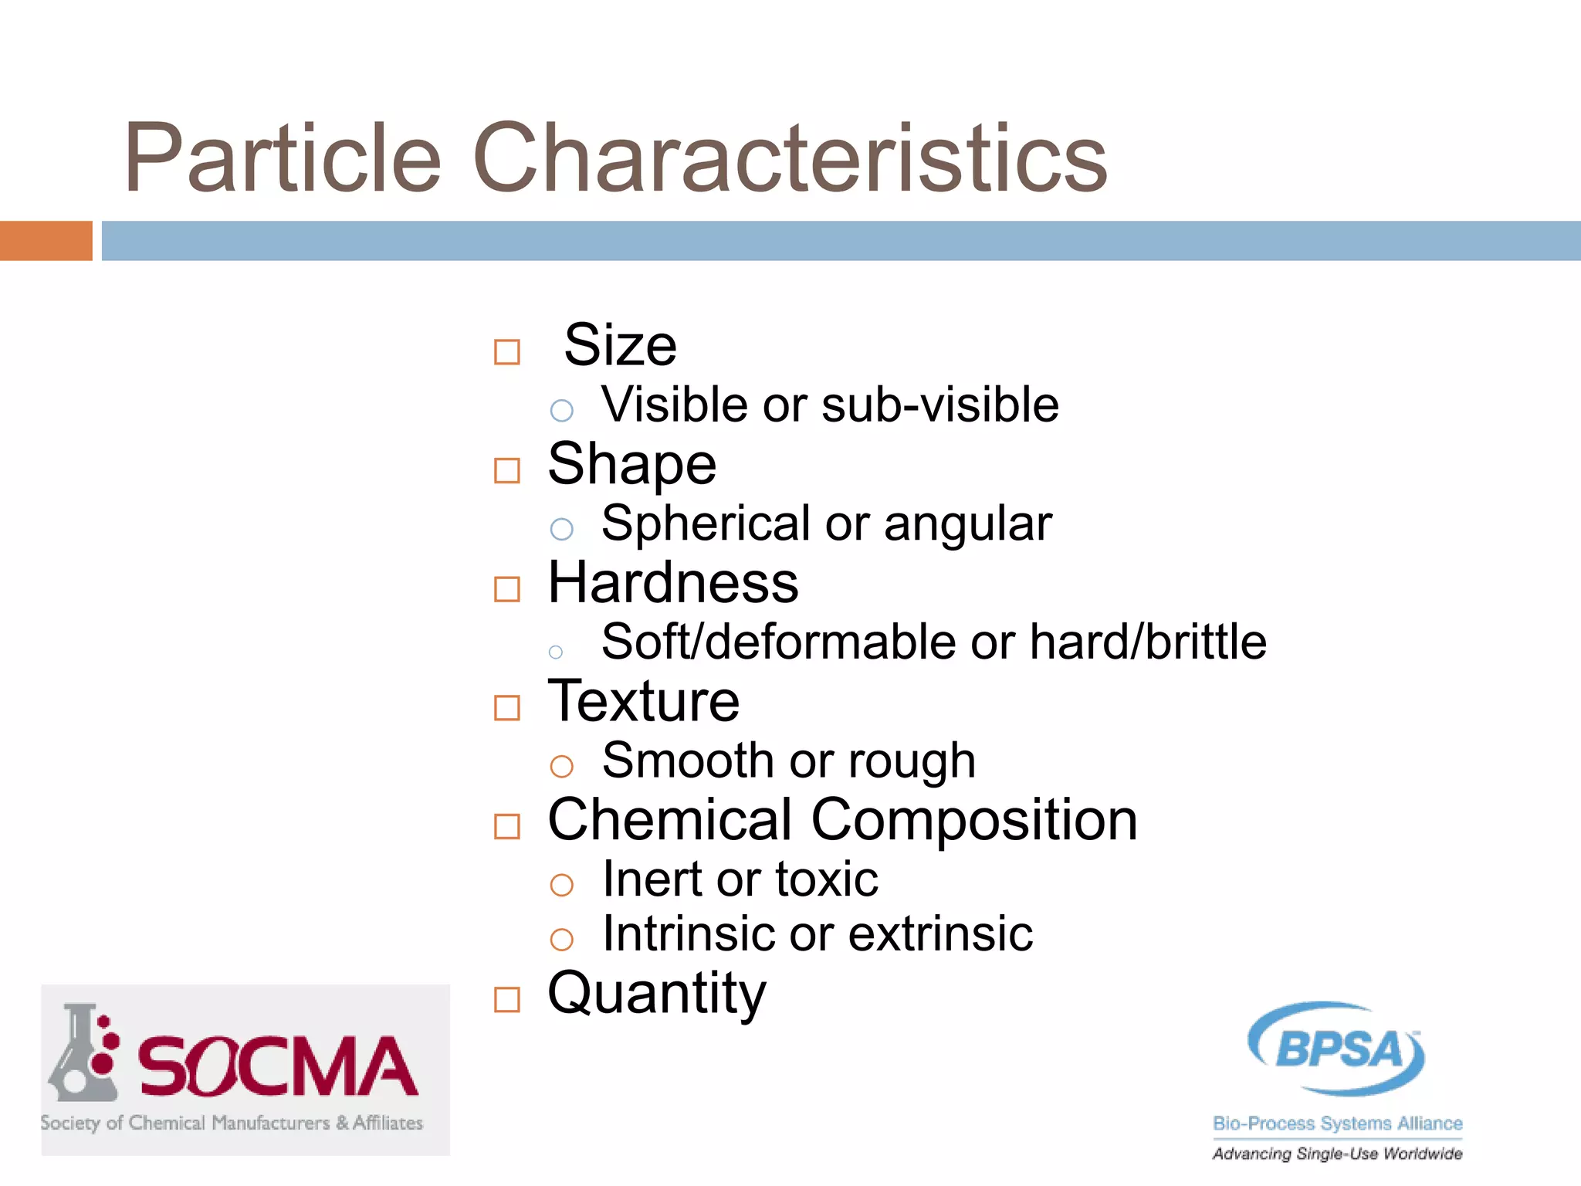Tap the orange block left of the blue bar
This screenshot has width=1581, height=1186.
[x=46, y=241]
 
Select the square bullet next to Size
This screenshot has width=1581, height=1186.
[x=507, y=352]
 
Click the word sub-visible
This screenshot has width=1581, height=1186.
[x=940, y=405]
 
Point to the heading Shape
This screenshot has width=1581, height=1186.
[x=632, y=465]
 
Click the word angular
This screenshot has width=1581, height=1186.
[x=968, y=524]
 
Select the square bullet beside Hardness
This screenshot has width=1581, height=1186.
[x=507, y=589]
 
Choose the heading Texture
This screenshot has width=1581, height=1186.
[x=644, y=702]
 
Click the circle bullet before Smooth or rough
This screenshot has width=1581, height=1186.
[x=561, y=766]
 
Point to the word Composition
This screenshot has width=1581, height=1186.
[x=974, y=820]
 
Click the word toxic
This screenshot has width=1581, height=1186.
[x=827, y=879]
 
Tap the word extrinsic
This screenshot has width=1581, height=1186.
[x=941, y=934]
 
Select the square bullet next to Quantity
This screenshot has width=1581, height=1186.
[x=507, y=1000]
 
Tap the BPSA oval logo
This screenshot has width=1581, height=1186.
[x=1337, y=1048]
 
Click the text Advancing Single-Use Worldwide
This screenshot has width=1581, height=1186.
[x=1337, y=1154]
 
